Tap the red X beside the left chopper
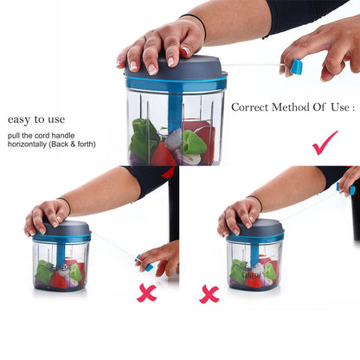pos(147,292)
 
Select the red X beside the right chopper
pos(209,294)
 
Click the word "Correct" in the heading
pos(250,107)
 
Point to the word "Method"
pos(291,107)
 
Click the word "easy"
pos(19,119)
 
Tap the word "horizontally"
pos(27,144)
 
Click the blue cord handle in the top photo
pos(296,67)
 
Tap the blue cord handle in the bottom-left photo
pos(145,264)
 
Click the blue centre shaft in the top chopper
pos(175,111)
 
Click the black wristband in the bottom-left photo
pos(66,205)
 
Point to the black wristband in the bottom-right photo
pos(256,202)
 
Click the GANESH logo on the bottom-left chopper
pos(61,268)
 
